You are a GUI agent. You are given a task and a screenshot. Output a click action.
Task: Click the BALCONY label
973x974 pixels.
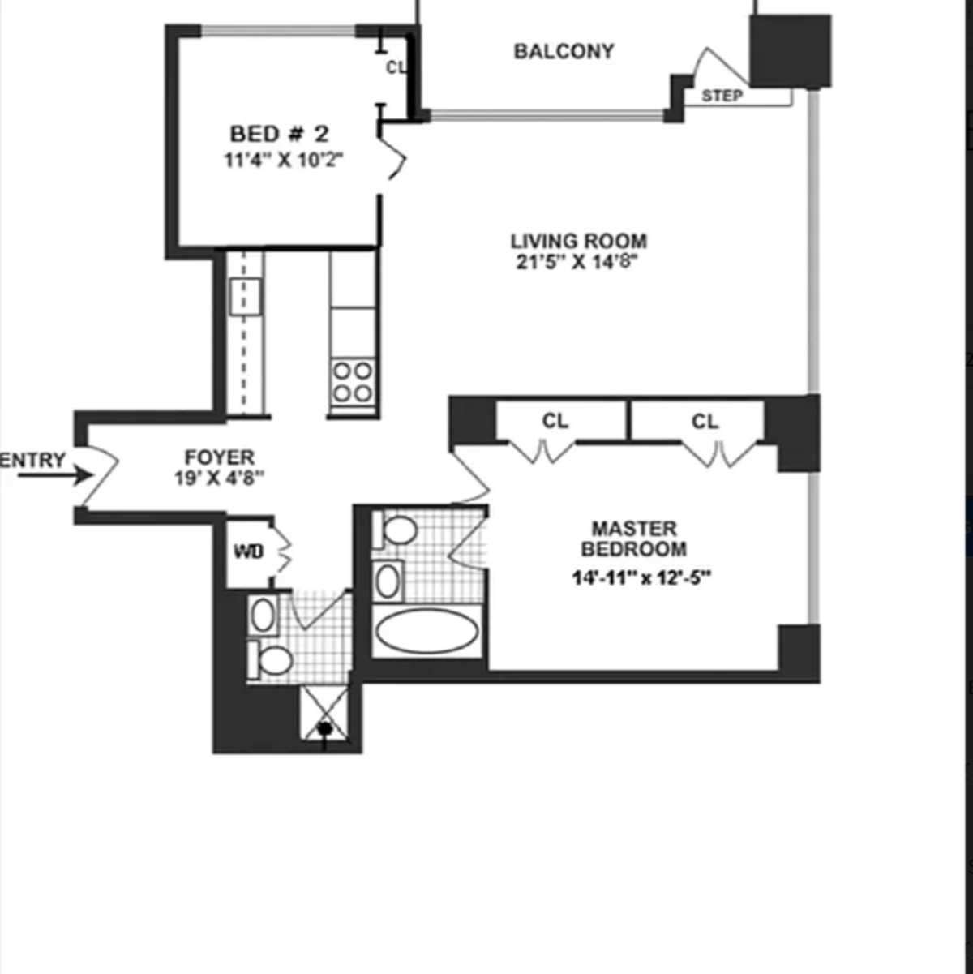tap(564, 51)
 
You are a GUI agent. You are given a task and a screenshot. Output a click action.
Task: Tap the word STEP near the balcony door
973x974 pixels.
tap(722, 96)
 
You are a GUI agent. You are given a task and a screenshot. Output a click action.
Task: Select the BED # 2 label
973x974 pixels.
tap(280, 134)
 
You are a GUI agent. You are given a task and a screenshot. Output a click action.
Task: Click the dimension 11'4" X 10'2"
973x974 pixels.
tap(284, 161)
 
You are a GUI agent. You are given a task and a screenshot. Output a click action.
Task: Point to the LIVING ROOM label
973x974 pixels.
tap(579, 241)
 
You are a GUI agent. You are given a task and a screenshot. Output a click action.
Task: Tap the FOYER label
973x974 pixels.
tap(220, 457)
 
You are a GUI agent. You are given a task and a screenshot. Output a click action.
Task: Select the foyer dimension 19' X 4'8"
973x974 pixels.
tap(220, 478)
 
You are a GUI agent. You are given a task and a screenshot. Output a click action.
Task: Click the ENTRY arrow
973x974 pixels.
tap(56, 475)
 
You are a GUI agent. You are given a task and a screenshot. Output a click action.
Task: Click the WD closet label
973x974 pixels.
tap(249, 551)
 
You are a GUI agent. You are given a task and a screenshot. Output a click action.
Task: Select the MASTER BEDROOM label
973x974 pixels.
tap(634, 538)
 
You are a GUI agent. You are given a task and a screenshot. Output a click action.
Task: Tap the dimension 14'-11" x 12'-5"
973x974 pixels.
tap(641, 577)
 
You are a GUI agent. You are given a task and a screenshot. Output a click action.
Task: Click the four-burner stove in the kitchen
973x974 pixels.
tap(353, 382)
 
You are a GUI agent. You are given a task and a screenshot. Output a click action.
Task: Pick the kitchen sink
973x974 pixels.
tap(245, 297)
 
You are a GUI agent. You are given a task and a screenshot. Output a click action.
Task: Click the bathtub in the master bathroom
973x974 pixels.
tap(427, 632)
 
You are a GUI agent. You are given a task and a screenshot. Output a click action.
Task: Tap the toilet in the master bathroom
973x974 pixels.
tap(395, 530)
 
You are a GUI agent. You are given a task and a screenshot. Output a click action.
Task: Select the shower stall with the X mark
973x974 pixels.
tap(324, 713)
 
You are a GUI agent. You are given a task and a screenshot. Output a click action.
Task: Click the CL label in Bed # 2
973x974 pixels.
tap(395, 67)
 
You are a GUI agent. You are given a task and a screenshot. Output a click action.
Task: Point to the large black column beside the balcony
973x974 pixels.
tap(790, 51)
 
